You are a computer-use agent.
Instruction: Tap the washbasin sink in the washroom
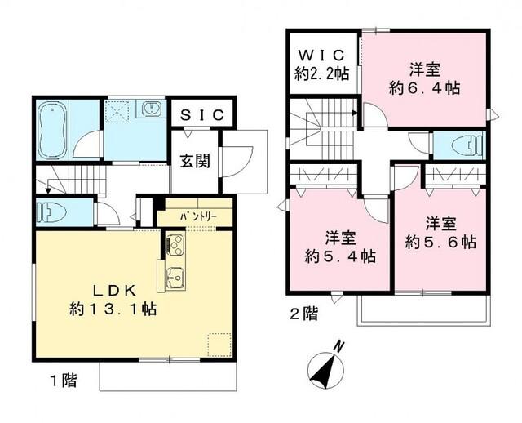coord(150,110)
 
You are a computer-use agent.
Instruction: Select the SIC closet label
coord(201,115)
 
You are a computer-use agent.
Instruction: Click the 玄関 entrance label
coord(196,161)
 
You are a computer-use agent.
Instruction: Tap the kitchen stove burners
coord(175,243)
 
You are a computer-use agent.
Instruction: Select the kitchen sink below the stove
coord(175,274)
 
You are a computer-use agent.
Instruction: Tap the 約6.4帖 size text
coord(424,88)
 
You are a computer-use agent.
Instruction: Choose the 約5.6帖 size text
coord(441,242)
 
